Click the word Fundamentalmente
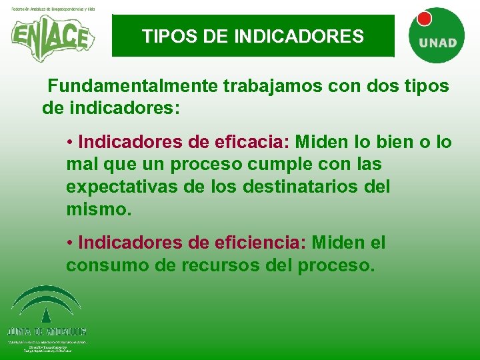click(x=133, y=87)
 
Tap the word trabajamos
click(x=275, y=87)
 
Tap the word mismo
click(x=96, y=209)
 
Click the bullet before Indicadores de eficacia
click(x=70, y=143)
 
